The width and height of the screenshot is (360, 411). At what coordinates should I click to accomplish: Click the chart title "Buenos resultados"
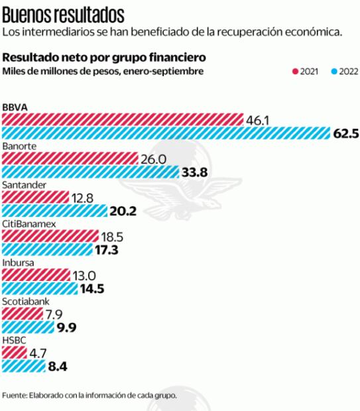coord(64,13)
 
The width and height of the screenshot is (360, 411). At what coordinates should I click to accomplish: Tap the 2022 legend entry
coord(344,71)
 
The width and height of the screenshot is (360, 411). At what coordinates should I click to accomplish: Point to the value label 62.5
coord(346,133)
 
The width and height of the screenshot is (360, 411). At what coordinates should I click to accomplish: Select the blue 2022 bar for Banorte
coord(90,172)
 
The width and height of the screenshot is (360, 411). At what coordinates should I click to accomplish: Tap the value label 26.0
coord(153,159)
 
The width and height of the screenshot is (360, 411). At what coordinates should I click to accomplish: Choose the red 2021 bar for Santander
coord(36,198)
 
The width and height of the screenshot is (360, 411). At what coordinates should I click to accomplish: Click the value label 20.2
coord(123,211)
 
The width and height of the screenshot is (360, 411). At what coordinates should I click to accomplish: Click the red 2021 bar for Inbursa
coord(36,274)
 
